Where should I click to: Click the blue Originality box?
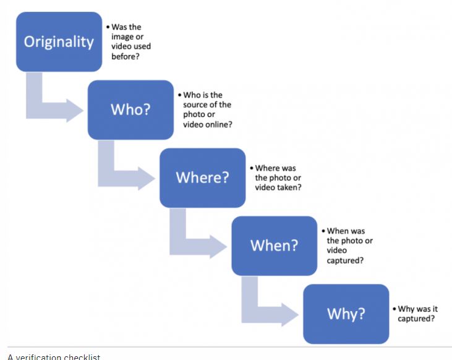click(x=59, y=42)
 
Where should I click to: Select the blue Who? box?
click(x=130, y=110)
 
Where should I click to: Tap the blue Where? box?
click(x=203, y=178)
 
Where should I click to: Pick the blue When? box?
click(x=275, y=246)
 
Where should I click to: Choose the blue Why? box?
click(x=346, y=314)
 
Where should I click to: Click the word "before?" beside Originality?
click(x=126, y=56)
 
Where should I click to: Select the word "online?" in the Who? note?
click(x=218, y=124)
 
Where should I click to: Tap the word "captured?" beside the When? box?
click(x=345, y=260)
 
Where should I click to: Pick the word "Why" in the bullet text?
click(x=405, y=309)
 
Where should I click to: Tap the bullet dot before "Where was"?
click(x=252, y=168)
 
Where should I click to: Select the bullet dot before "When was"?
click(x=323, y=231)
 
